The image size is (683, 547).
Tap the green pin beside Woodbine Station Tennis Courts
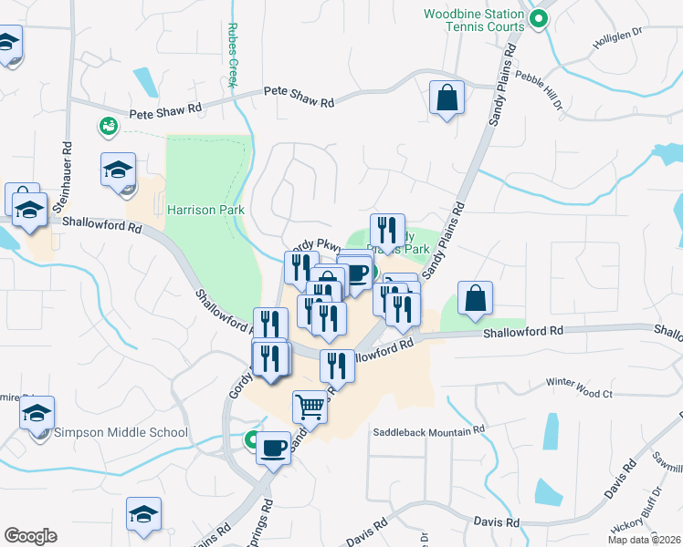(539, 17)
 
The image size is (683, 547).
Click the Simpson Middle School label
(121, 432)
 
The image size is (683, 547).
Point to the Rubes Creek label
(233, 55)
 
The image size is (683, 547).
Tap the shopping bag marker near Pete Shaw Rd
(447, 97)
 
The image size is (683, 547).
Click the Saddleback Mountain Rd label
(427, 430)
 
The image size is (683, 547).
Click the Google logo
(30, 536)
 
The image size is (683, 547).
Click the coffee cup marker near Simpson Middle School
(272, 448)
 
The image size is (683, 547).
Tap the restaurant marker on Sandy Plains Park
(387, 230)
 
